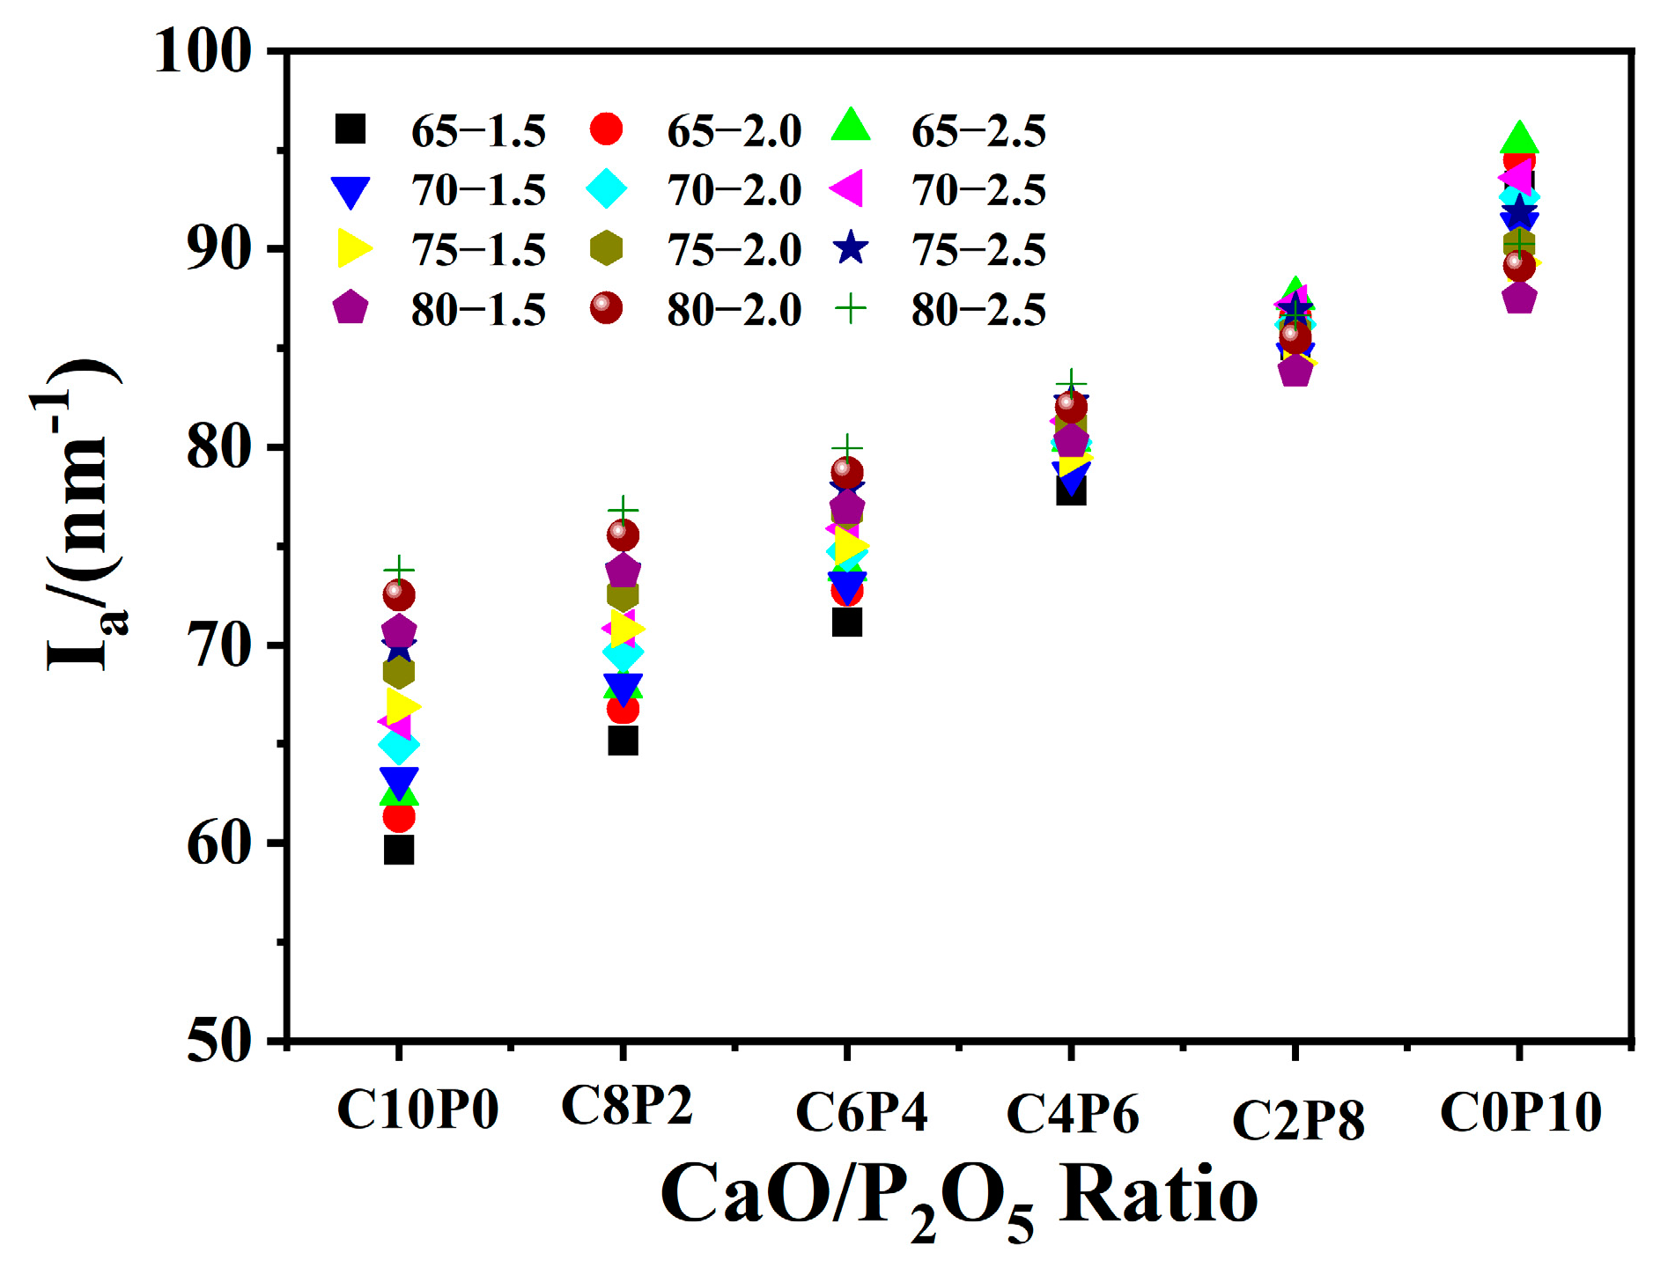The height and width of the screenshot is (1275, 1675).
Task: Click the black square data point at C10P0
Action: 399,850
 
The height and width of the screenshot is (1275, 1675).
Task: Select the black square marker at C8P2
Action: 623,741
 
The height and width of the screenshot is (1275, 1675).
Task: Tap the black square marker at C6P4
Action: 846,623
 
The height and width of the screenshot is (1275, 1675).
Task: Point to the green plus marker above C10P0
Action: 399,570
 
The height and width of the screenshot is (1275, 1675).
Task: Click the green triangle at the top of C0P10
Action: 1519,138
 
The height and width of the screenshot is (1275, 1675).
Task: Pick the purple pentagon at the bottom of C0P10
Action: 1520,299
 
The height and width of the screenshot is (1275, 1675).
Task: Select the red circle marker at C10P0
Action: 399,817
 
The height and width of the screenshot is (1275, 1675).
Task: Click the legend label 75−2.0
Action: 734,250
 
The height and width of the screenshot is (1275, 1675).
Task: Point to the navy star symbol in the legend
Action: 851,249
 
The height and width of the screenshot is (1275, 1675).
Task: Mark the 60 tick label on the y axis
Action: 219,844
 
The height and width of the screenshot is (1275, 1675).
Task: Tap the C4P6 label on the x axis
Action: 1073,1114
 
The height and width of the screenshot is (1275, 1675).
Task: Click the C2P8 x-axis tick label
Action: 1298,1120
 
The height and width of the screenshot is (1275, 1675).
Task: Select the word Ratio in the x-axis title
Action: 1158,1195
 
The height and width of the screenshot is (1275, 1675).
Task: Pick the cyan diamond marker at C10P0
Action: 399,746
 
